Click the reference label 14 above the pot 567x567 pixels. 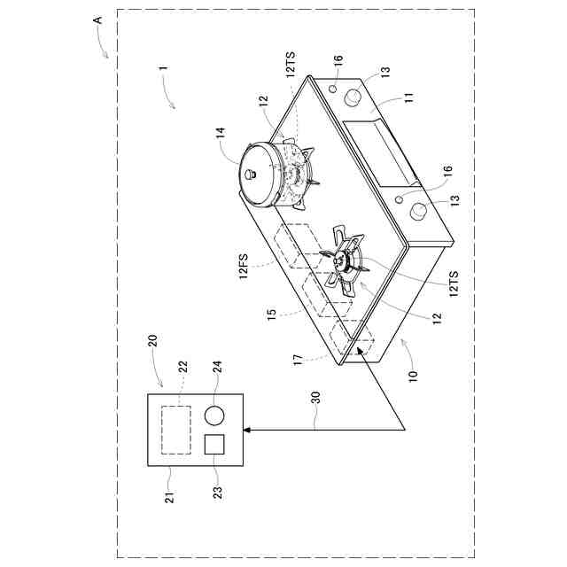(x=221, y=132)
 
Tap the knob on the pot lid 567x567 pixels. (x=251, y=175)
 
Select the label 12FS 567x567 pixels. (x=244, y=267)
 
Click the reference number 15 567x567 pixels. (x=272, y=313)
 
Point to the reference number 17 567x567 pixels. (x=299, y=360)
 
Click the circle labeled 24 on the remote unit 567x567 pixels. (x=214, y=416)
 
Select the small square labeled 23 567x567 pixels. (x=214, y=444)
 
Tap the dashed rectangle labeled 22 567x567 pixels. (x=176, y=430)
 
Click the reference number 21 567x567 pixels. (x=169, y=497)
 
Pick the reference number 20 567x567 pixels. (x=152, y=341)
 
